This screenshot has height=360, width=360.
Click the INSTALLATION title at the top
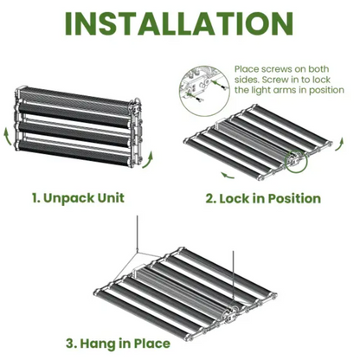[x=180, y=24]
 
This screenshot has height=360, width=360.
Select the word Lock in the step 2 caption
[x=237, y=198]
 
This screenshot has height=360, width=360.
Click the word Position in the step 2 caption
[x=294, y=198]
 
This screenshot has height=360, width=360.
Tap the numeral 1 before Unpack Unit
[x=35, y=197]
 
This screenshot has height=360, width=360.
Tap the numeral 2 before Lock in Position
[x=210, y=198]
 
